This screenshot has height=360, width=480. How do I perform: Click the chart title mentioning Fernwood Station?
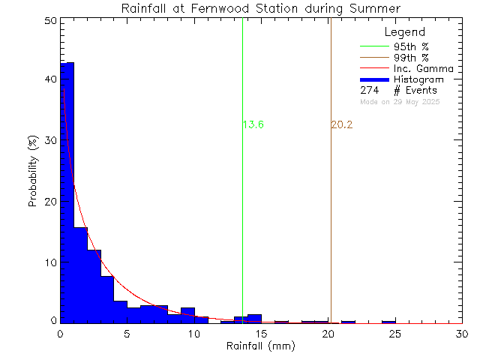tap(261, 7)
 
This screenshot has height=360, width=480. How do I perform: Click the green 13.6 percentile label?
tap(253, 124)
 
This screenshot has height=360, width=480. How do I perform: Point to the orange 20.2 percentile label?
tap(341, 124)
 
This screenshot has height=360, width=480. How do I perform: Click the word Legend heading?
tap(404, 32)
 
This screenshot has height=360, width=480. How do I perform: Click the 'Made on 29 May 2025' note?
tap(400, 101)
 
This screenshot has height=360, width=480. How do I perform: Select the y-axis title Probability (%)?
tap(33, 172)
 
